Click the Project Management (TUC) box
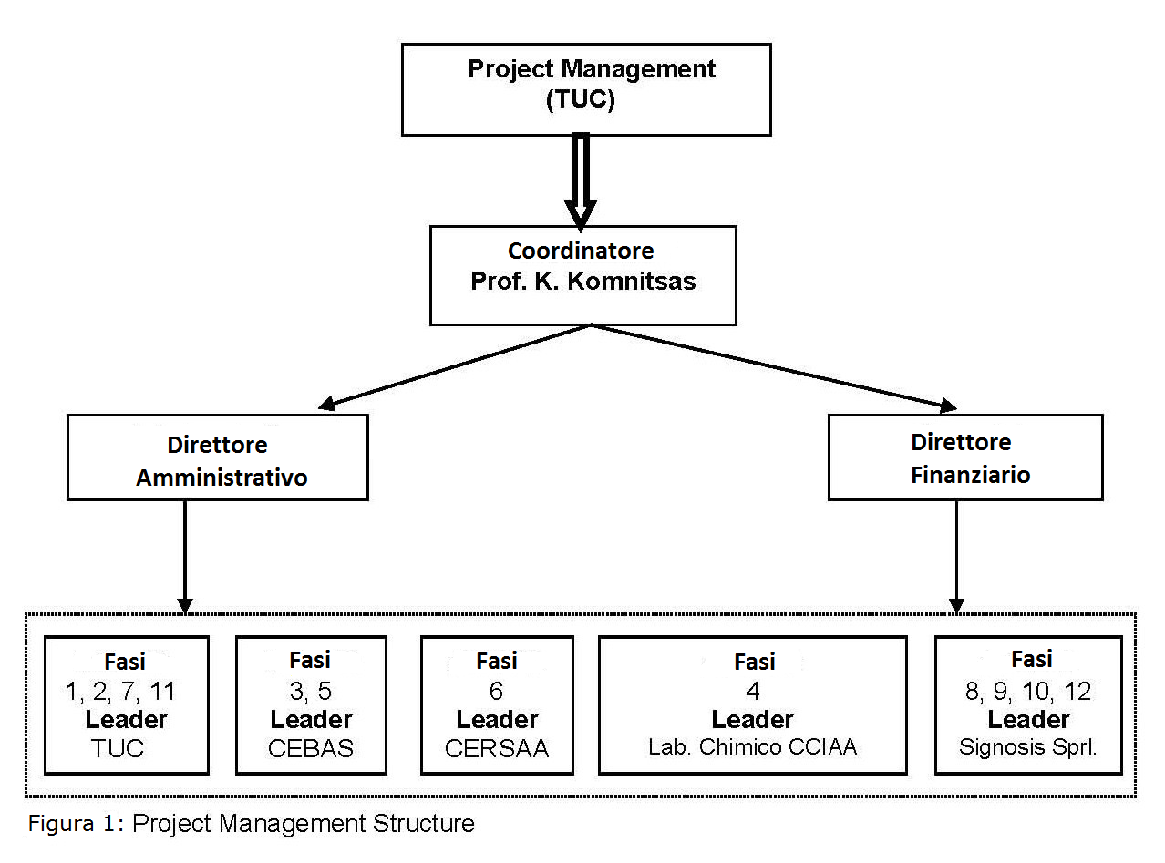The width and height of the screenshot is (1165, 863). pos(586,89)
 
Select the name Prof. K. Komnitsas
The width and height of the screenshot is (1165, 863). pos(582,281)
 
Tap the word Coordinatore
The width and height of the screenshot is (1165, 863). pos(581,251)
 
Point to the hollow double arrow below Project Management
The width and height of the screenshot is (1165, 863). pos(581,179)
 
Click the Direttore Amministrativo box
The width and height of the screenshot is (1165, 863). pos(218,457)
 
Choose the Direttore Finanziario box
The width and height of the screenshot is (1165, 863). pos(965,457)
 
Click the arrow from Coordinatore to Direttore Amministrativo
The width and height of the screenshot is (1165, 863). pos(456,365)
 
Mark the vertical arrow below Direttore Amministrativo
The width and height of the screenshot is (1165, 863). pos(185,556)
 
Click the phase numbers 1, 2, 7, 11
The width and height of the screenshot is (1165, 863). pos(121,692)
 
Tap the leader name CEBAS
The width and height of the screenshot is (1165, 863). pos(311,748)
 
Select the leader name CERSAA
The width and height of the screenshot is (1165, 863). pos(497,748)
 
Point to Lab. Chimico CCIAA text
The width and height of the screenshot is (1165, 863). pos(753,747)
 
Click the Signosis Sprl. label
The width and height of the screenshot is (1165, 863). pos(1028,747)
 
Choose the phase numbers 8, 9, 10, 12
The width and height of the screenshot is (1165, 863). pos(1028,691)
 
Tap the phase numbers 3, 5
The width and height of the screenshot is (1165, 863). pos(311,692)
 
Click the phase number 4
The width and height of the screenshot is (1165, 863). pos(753,691)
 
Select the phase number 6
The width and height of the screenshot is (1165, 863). pos(496,692)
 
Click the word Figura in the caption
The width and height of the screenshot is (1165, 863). pos(58,824)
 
